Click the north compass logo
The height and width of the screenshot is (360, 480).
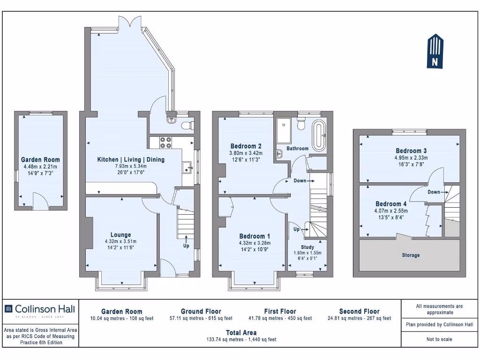435,51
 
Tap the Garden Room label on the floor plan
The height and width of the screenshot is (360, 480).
40,159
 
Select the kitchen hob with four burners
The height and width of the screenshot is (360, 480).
165,142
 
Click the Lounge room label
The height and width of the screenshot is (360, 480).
120,235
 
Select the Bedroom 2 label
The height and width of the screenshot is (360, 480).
246,146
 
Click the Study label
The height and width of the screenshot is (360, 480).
307,247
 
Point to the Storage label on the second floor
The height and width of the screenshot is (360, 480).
411,255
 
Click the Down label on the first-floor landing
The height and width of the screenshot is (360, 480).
300,180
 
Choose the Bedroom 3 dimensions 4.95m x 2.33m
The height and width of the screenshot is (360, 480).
411,158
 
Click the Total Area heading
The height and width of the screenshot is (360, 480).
241,333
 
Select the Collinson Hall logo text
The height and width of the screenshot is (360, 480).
45,309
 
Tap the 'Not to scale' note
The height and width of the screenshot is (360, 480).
439,339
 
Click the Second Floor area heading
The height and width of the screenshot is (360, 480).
360,311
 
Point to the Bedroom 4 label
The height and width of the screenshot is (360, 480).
391,204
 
